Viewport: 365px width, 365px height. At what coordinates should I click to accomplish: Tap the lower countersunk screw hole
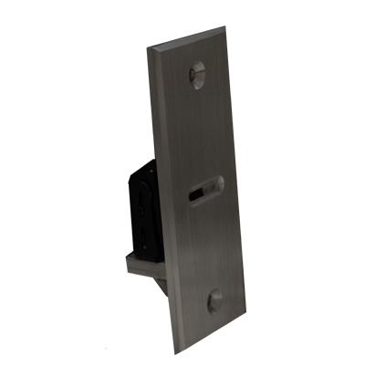216,302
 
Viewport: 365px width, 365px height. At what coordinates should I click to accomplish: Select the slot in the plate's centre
206,190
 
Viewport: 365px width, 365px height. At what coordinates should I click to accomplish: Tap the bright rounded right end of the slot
218,183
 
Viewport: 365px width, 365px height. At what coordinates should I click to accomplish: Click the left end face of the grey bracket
123,262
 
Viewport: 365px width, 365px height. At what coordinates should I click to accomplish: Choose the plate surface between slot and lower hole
210,246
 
